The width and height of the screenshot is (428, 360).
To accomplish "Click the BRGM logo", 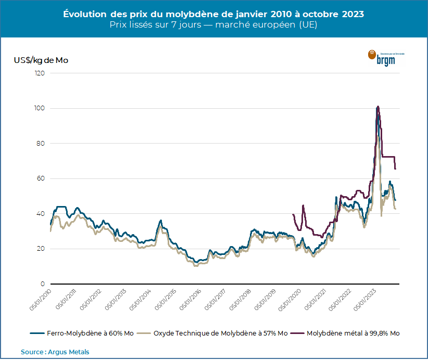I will pyautogui.click(x=386, y=57).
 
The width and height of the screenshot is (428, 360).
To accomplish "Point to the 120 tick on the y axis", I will pyautogui.click(x=40, y=73).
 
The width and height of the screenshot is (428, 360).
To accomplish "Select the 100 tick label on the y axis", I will pyautogui.click(x=40, y=108).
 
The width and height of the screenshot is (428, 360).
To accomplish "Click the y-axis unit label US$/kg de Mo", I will pyautogui.click(x=41, y=60).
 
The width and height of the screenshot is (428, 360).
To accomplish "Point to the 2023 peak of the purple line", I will pyautogui.click(x=378, y=107).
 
